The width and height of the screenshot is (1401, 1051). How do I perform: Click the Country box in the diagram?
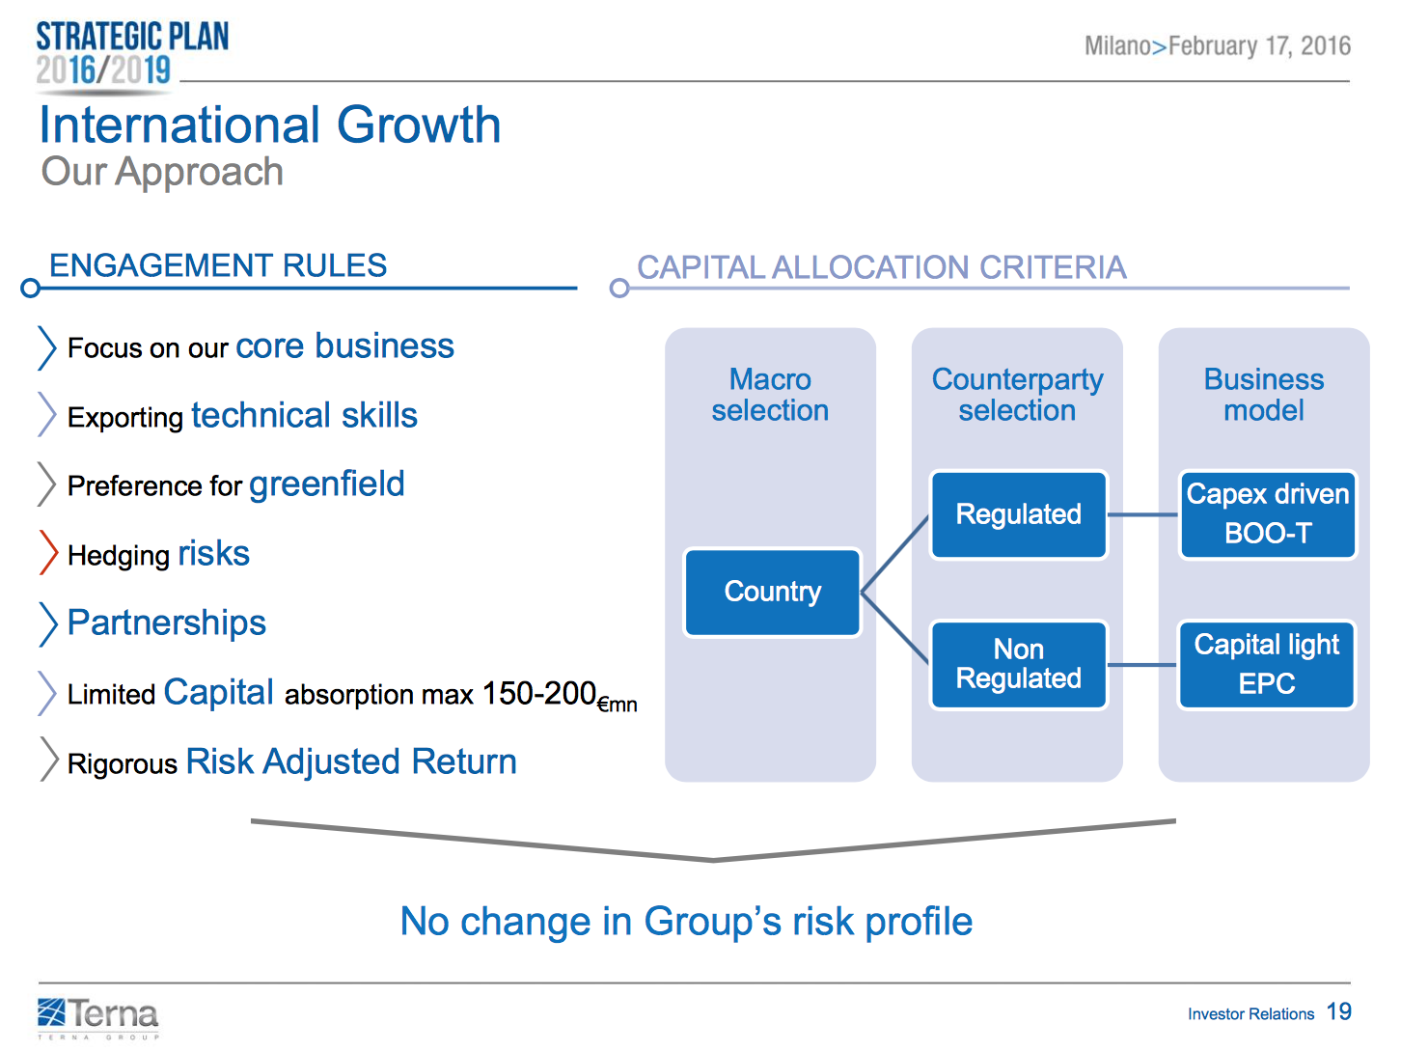(x=772, y=593)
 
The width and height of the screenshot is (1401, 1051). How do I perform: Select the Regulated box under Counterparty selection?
(x=1018, y=514)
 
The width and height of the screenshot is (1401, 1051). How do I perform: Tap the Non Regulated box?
(x=1018, y=664)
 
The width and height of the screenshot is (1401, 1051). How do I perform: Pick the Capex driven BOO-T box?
(x=1267, y=514)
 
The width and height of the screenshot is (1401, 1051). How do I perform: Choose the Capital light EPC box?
(x=1267, y=664)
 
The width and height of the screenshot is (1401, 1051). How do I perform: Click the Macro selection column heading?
(x=770, y=395)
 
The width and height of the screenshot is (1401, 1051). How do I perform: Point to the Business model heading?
(x=1263, y=395)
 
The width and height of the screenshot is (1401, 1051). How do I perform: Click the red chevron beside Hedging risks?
(x=48, y=553)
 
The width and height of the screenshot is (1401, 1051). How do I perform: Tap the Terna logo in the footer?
(x=97, y=1016)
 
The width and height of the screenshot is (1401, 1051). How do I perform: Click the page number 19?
(x=1339, y=1011)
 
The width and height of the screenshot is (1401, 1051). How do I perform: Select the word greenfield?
(x=327, y=484)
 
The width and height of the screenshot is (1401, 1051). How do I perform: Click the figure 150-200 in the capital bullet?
(x=539, y=693)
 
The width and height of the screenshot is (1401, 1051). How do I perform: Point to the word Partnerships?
(x=167, y=622)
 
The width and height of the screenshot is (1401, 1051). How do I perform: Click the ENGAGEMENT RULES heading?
(x=218, y=265)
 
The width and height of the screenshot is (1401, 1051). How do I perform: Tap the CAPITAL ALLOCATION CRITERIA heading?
(x=881, y=267)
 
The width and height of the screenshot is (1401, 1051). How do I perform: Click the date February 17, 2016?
(x=1259, y=46)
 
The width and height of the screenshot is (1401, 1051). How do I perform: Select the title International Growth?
(x=270, y=125)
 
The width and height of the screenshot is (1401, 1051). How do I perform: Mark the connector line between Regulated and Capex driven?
(x=1143, y=514)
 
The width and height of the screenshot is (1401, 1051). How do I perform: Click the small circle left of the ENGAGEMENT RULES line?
(x=31, y=288)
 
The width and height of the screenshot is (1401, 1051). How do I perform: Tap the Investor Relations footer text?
(x=1250, y=1014)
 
